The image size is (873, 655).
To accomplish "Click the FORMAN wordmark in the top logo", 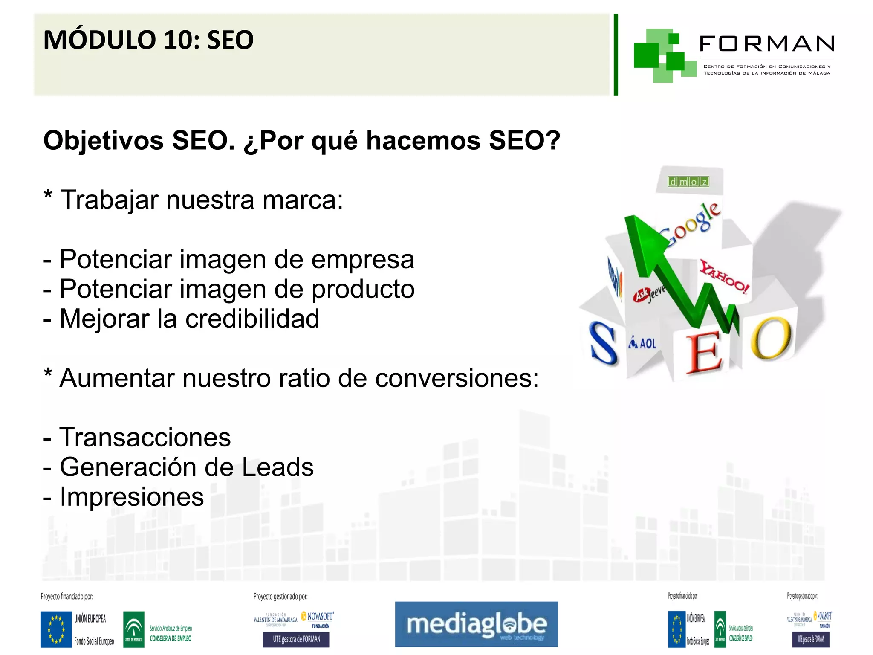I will pyautogui.click(x=766, y=44).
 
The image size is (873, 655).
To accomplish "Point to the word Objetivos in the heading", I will pyautogui.click(x=104, y=141).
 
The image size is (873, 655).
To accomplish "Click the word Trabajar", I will pyautogui.click(x=109, y=200).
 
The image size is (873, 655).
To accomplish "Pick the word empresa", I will pyautogui.click(x=362, y=259).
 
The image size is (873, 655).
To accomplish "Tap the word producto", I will pyautogui.click(x=363, y=289).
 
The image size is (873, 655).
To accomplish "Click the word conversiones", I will pyautogui.click(x=457, y=378).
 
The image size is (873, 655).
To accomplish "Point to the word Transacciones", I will pyautogui.click(x=145, y=438).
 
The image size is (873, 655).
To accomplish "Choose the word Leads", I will pyautogui.click(x=278, y=467).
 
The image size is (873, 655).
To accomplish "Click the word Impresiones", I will pyautogui.click(x=132, y=497).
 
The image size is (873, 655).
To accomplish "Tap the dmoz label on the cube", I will pyautogui.click(x=688, y=182).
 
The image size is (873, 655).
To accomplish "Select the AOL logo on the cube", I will pyautogui.click(x=643, y=343).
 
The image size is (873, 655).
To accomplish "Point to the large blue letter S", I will pyautogui.click(x=603, y=344).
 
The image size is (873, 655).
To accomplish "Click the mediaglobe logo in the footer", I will pyautogui.click(x=476, y=624).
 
